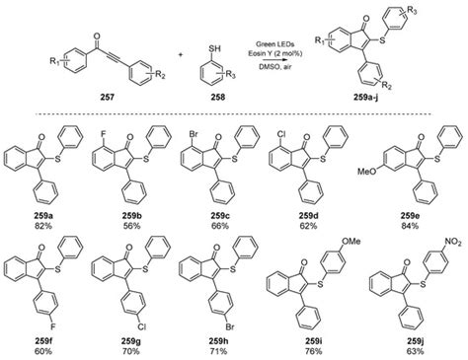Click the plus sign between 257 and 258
178,49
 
